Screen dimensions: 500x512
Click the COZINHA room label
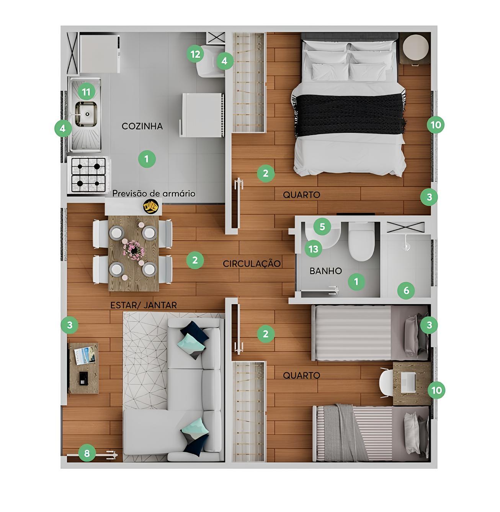[142, 126]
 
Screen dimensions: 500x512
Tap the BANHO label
[326, 271]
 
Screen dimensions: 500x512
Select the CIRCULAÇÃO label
[252, 264]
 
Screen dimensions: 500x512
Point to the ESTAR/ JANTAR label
[144, 305]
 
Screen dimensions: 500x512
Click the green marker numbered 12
[195, 54]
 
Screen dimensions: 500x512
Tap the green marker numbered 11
[87, 92]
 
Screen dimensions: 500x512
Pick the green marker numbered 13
[313, 249]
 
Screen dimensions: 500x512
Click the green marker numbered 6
[406, 290]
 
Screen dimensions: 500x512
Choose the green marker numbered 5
[322, 227]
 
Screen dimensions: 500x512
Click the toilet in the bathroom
[361, 241]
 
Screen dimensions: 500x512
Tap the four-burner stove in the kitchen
[88, 175]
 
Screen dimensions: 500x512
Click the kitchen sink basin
[86, 114]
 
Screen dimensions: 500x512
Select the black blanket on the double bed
[349, 114]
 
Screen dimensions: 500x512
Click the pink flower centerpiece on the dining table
[134, 249]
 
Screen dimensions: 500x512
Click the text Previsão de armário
[154, 194]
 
